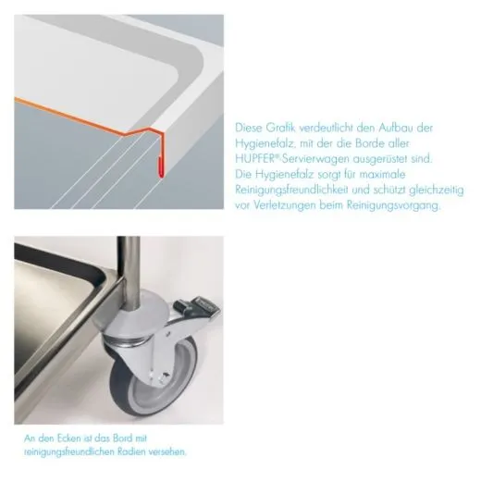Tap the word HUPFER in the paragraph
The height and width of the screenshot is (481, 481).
coord(254,159)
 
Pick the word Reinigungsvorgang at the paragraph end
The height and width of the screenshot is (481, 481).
coord(394,205)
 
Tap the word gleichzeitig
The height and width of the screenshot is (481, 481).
coord(437,190)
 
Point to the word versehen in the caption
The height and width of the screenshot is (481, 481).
coord(167,452)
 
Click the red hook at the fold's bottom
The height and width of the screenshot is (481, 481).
coord(161,167)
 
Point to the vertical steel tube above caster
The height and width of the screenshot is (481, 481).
coord(129,271)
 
